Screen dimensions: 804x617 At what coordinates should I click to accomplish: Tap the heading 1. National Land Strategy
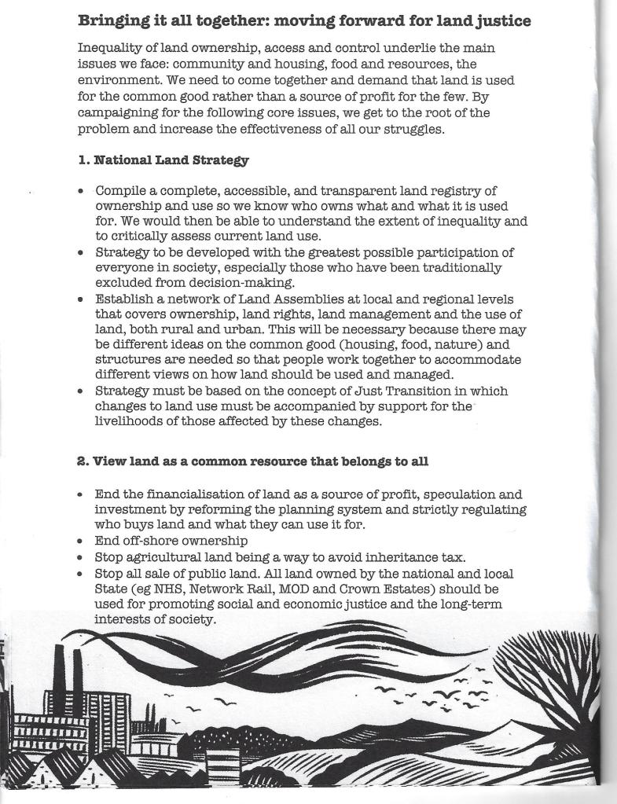tap(163, 160)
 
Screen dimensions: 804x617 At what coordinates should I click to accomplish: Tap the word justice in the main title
tap(500, 20)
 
